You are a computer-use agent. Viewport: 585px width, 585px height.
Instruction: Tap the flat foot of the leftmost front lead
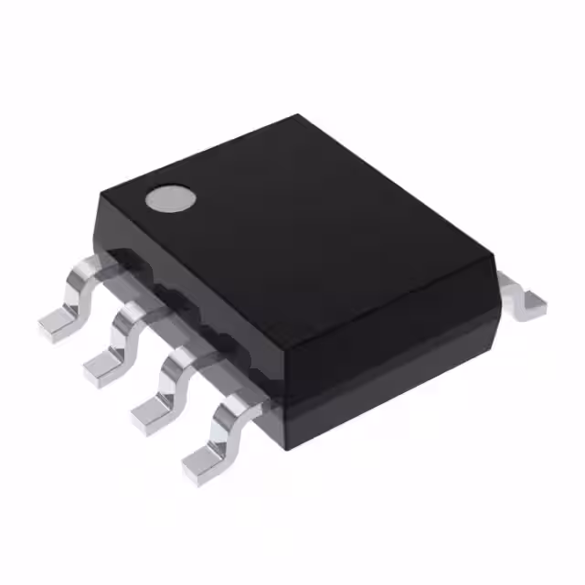click(x=57, y=324)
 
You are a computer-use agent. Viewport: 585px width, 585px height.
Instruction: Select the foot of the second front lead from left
click(x=103, y=367)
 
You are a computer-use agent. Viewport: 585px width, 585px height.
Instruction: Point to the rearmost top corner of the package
click(x=298, y=116)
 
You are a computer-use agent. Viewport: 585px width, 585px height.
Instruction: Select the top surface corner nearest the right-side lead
click(x=495, y=260)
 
